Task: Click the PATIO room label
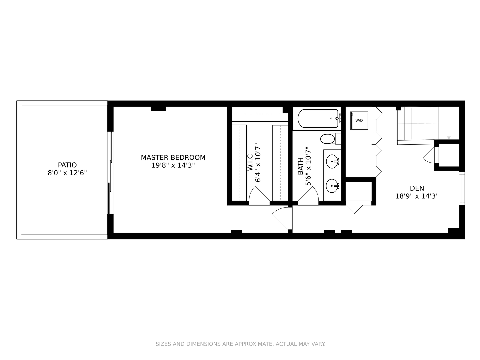pos(67,165)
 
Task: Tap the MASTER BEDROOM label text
pos(173,157)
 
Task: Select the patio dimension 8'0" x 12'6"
pos(67,173)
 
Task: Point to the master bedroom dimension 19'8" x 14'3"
pos(173,165)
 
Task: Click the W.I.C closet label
pos(250,162)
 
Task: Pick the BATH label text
pos(301,166)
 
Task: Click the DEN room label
pos(417,188)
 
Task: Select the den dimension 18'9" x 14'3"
pos(417,196)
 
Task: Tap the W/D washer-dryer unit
pos(359,120)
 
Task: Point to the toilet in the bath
pos(330,139)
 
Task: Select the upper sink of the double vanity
pos(332,162)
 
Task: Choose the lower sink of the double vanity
pos(332,186)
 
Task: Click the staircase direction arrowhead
pos(449,138)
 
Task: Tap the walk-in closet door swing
pos(259,196)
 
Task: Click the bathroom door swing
pos(308,196)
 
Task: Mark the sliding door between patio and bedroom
pos(110,173)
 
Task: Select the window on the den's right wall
pos(462,188)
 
